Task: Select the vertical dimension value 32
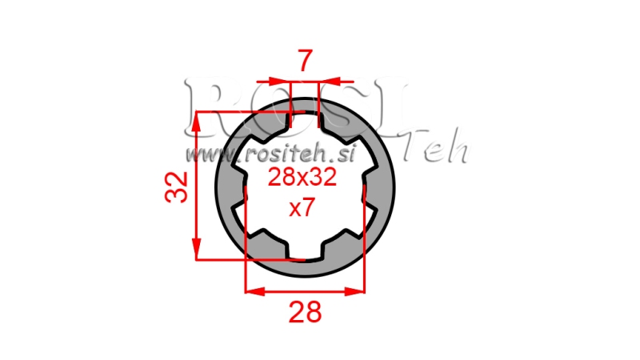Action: [x=178, y=186]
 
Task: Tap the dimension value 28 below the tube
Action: [x=304, y=310]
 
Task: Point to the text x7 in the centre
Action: [x=303, y=210]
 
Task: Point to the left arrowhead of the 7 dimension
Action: [x=282, y=81]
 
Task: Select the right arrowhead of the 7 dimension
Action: [x=326, y=81]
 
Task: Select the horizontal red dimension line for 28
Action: [x=304, y=291]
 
